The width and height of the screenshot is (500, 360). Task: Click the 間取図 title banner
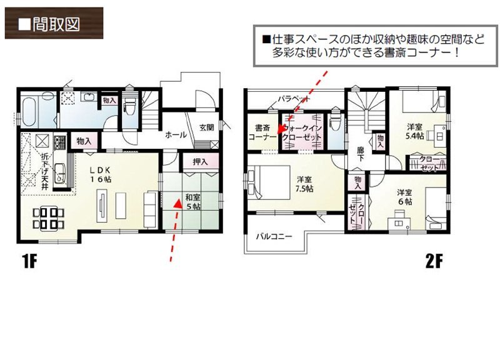(52, 24)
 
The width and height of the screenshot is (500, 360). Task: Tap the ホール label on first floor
(174, 134)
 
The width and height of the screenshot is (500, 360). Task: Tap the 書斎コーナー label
(258, 131)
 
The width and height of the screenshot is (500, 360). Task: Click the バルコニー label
(273, 236)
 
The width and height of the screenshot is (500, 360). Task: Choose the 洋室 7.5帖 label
(304, 185)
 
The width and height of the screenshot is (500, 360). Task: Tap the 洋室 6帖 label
(404, 197)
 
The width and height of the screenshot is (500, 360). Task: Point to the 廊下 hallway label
(360, 154)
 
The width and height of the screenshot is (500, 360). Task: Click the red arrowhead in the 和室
(177, 202)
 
